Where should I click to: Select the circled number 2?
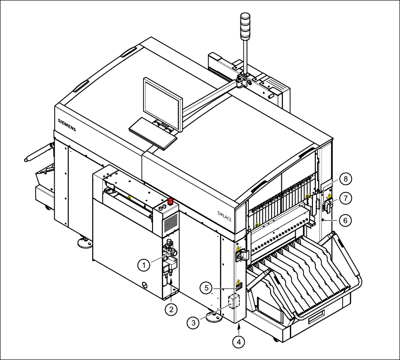[x=172, y=309]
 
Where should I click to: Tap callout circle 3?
[x=193, y=323]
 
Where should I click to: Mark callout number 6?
[x=345, y=219]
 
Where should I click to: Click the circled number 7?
[x=345, y=199]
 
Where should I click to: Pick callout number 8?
[x=345, y=179]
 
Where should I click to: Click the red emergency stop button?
[x=170, y=202]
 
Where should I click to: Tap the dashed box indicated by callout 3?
[x=234, y=301]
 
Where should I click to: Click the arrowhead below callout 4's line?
[x=240, y=327]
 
